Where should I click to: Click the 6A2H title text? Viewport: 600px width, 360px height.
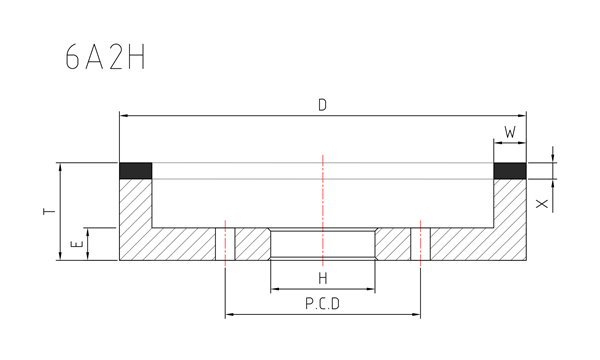pos(105,57)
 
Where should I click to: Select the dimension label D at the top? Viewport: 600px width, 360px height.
pos(323,105)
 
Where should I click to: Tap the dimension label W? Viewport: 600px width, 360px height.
pos(510,132)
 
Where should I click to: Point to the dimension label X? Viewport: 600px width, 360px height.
pos(542,204)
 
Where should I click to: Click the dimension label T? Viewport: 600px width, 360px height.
pos(49,211)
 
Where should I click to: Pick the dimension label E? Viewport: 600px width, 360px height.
pos(77,244)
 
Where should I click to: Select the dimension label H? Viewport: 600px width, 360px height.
pos(323,278)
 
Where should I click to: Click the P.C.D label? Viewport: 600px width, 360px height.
pos(323,304)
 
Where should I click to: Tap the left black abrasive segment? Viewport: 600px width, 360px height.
pos(136,171)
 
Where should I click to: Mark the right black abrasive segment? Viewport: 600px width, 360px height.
pos(510,171)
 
